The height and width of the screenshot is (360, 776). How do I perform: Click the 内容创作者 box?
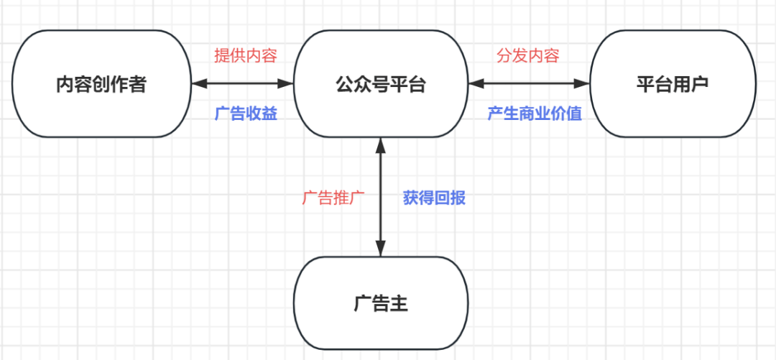(101, 83)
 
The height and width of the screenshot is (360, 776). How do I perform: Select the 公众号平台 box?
(381, 83)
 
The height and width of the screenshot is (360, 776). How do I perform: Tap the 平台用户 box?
(673, 83)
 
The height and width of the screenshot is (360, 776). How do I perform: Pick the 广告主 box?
(381, 303)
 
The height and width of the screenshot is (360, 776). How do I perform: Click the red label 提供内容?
(246, 56)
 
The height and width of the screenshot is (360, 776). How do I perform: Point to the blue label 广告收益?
(246, 114)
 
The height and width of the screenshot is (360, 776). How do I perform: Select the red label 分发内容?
(528, 56)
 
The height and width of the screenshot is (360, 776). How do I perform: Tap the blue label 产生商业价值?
(535, 114)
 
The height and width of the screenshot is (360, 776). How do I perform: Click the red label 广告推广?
(333, 198)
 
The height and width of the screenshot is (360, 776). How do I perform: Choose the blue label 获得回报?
(434, 198)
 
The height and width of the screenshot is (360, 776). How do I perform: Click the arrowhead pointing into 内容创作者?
(198, 83)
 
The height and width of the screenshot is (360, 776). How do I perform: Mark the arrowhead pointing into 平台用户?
(583, 83)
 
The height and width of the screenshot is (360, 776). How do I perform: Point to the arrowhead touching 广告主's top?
(381, 249)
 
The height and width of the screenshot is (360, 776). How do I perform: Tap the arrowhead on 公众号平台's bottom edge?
(381, 144)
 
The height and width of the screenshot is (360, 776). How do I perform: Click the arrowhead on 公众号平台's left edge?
(286, 83)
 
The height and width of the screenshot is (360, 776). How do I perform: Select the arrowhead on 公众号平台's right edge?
(476, 83)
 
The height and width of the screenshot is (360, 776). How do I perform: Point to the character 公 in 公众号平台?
(344, 84)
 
